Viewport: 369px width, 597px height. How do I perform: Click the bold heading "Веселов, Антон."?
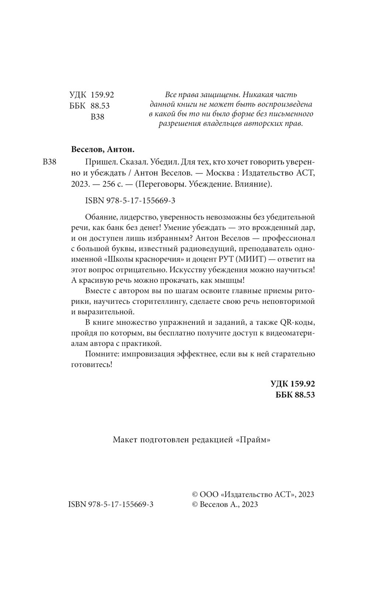[x=102, y=150]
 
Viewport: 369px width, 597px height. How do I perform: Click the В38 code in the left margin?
[x=49, y=162]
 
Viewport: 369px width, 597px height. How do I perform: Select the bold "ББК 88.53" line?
[x=295, y=394]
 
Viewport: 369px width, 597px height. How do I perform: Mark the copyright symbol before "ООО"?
[x=196, y=494]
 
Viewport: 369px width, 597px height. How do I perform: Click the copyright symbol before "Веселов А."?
[x=196, y=505]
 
